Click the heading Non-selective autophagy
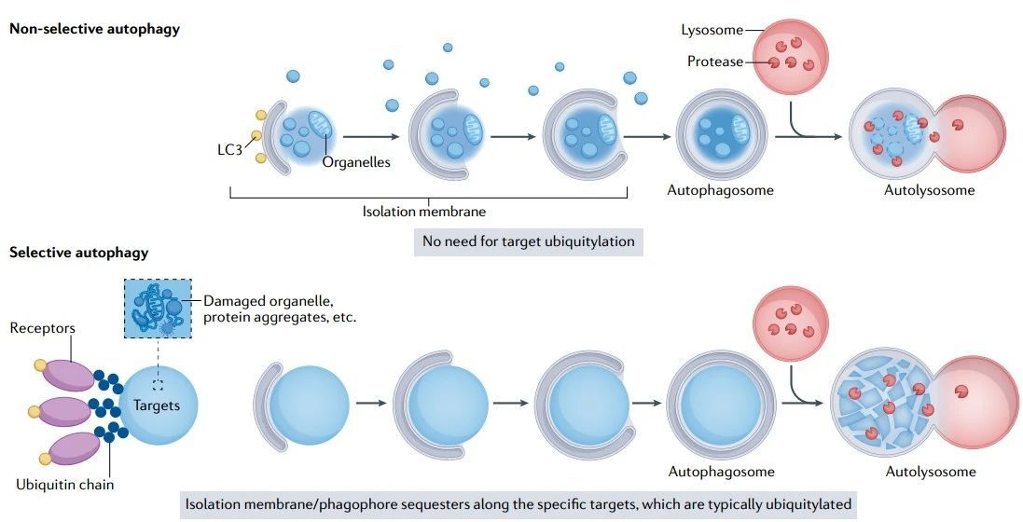pyautogui.click(x=94, y=29)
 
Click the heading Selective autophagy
pyautogui.click(x=78, y=253)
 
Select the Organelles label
pyautogui.click(x=356, y=162)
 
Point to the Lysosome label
pyautogui.click(x=712, y=30)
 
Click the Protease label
pyautogui.click(x=715, y=62)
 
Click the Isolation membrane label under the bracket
pyautogui.click(x=424, y=212)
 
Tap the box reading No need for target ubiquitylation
pyautogui.click(x=529, y=241)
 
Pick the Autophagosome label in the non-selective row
pyautogui.click(x=720, y=190)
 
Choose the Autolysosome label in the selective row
pyautogui.click(x=930, y=472)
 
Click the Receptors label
pyautogui.click(x=43, y=328)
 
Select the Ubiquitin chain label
pyautogui.click(x=65, y=485)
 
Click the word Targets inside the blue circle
pyautogui.click(x=157, y=405)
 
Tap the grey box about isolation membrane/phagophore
pyautogui.click(x=518, y=504)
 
